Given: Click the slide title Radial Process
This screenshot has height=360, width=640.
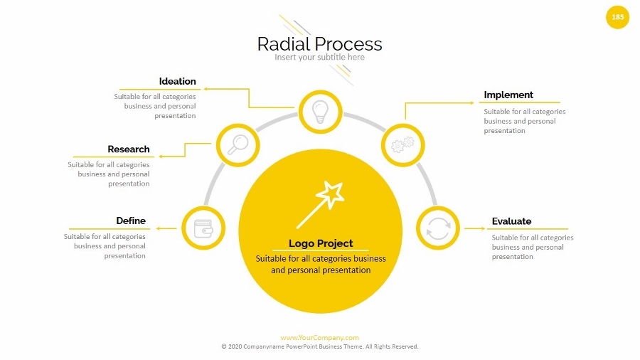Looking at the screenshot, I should tap(319, 44).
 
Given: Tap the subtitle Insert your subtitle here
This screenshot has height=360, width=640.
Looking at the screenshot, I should tap(319, 58).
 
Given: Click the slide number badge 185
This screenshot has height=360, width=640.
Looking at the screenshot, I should tap(617, 17).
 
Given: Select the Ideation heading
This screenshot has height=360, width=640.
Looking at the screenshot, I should tap(177, 81).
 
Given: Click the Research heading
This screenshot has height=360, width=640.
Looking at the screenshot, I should tap(129, 149).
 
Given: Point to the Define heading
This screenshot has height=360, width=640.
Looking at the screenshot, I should tap(131, 221).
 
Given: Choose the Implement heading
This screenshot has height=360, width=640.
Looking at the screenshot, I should tap(508, 95).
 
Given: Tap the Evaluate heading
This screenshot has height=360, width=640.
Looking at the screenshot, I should tap(511, 221).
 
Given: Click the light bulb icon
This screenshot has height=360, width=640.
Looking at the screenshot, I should tap(320, 112).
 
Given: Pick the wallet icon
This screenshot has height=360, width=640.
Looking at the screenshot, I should tap(203, 228).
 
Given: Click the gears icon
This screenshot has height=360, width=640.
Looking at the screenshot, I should tap(403, 145).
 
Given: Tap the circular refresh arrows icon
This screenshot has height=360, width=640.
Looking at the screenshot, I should tap(437, 228).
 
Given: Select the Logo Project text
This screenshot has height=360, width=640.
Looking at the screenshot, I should tap(321, 243).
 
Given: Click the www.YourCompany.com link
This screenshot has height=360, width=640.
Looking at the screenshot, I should tap(319, 338).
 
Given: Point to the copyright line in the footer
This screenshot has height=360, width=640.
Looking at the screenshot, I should tap(319, 346).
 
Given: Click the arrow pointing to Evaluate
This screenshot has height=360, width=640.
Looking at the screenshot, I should tap(474, 229).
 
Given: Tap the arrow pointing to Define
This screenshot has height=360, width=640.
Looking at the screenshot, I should tap(166, 229).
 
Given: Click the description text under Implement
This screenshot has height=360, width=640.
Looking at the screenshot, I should tap(525, 121).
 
